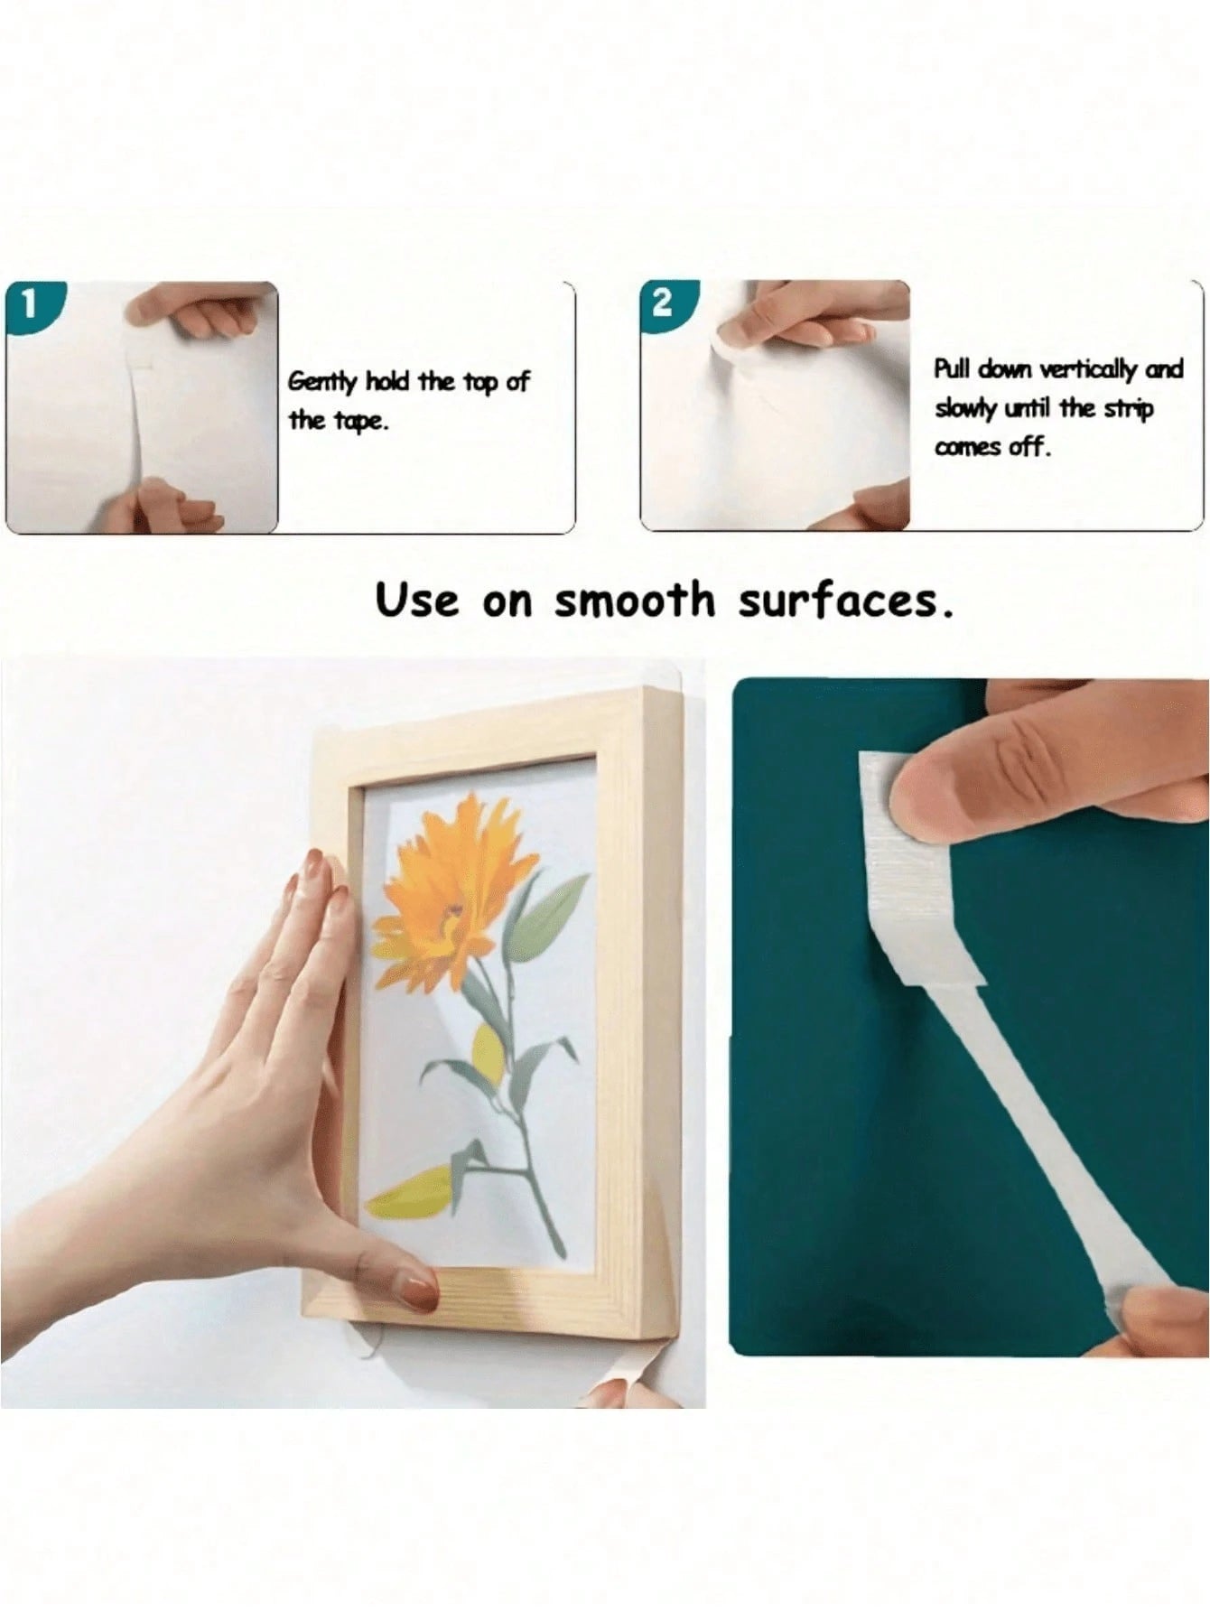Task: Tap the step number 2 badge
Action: click(664, 303)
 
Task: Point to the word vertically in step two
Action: click(1089, 369)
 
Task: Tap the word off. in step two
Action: click(1029, 447)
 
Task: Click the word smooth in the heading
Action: click(633, 600)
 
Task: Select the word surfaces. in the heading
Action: click(845, 601)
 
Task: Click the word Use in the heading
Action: click(417, 600)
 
